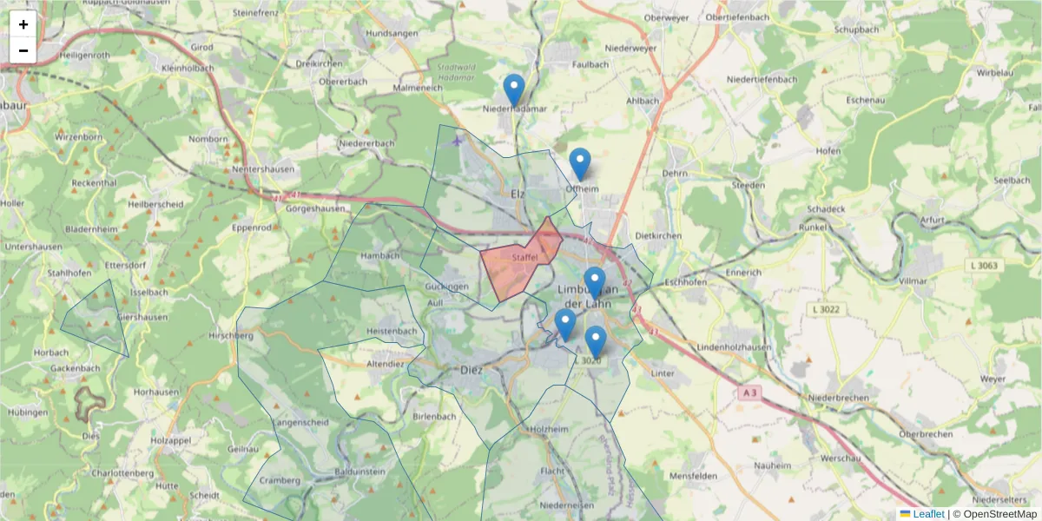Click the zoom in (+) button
pos(23,24)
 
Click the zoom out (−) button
pos(23,50)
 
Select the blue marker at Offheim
pos(580,164)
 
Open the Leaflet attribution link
pos(928,514)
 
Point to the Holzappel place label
pos(169,440)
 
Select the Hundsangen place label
pos(392,33)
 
